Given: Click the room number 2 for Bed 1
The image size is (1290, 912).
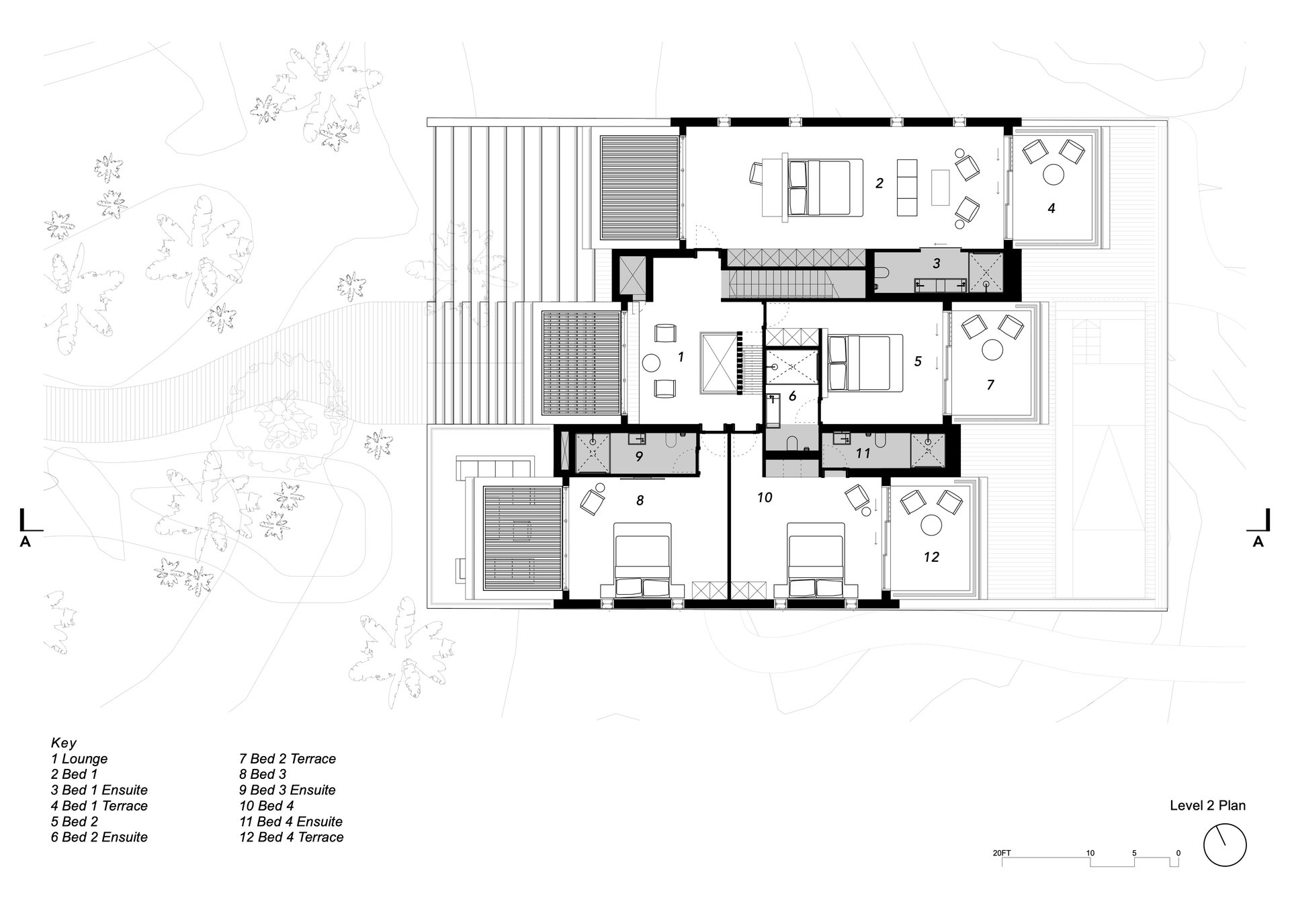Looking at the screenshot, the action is (879, 183).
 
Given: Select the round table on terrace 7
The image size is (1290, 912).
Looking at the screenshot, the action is (993, 349).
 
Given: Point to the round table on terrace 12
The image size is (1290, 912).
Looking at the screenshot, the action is (931, 525).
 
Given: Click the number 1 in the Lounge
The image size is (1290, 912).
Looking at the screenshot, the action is (681, 357).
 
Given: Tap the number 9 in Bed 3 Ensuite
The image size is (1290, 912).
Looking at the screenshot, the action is (639, 456).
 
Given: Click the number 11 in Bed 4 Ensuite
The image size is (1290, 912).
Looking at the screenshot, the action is (863, 454).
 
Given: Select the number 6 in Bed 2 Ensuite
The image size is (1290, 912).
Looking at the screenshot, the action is (792, 397).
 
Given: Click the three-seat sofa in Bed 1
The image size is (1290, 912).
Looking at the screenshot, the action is (907, 188).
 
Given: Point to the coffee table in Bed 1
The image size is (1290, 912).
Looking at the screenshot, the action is (941, 188).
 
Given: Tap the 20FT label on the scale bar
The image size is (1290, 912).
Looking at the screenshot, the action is (1001, 854).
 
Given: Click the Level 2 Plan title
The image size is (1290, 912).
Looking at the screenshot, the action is (1207, 805).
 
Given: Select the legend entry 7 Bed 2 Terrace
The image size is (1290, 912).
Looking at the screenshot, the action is (288, 759).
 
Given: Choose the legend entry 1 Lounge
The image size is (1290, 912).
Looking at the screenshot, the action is (79, 759).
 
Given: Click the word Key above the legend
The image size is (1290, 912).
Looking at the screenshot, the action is (64, 743).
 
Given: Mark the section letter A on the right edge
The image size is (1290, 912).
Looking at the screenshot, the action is (1258, 542).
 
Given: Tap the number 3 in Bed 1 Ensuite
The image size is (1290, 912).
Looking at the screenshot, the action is (937, 264).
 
